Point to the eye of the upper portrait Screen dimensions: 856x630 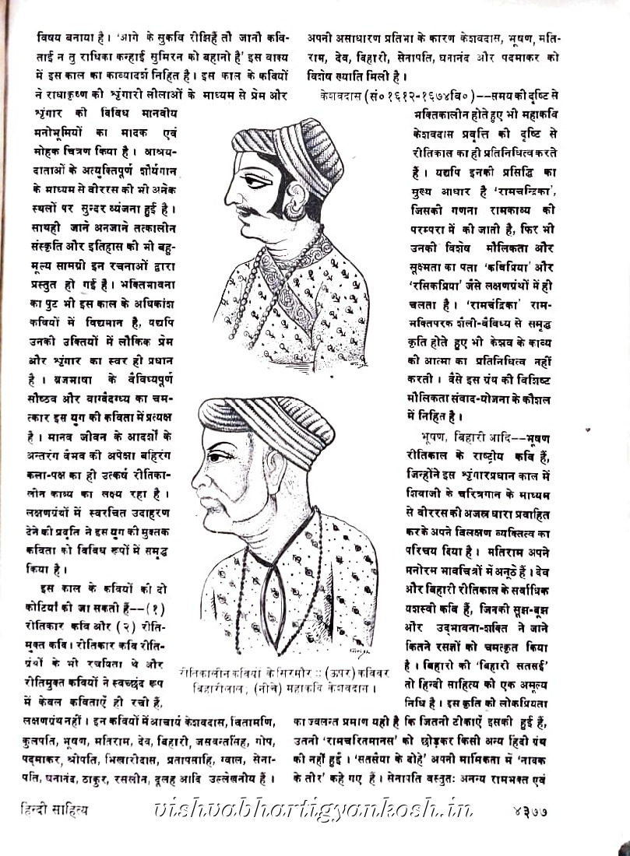coord(269,180)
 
